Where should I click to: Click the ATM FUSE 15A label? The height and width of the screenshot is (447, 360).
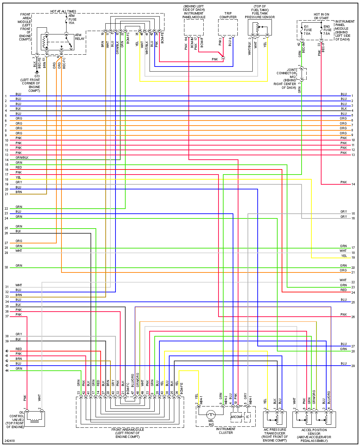click(x=72, y=19)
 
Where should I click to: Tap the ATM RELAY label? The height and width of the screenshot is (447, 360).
click(x=79, y=37)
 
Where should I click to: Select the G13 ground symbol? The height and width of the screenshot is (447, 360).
click(x=37, y=72)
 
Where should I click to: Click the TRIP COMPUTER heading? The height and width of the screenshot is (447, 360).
click(x=228, y=15)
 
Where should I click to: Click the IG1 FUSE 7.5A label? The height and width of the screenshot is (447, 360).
click(x=307, y=30)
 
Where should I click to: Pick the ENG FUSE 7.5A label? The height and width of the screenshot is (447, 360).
click(x=327, y=30)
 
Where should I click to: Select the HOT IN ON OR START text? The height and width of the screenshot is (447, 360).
click(x=321, y=16)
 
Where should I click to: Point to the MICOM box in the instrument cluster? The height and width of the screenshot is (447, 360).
click(x=236, y=417)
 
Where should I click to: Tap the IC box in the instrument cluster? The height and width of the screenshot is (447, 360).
click(x=248, y=417)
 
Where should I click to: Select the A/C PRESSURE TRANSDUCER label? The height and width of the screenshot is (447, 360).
click(x=275, y=435)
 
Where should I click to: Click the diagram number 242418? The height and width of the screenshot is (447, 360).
click(x=10, y=441)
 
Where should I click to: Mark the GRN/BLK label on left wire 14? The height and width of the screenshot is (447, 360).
click(x=22, y=158)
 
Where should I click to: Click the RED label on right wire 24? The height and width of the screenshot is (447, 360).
click(x=343, y=290)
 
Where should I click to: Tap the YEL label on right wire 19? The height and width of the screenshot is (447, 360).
click(x=344, y=256)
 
